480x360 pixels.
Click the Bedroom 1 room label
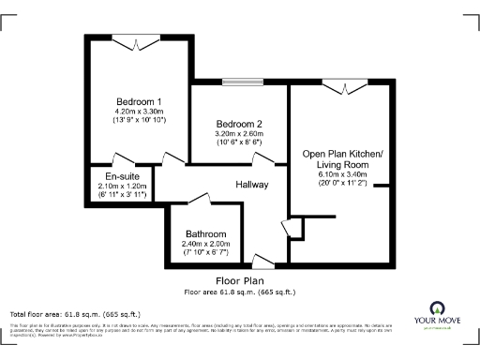point(139,101)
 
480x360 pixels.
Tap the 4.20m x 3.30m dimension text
point(139,112)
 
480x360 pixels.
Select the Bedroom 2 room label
point(238,125)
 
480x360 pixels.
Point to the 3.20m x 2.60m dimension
point(238,135)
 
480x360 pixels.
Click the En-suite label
point(123,176)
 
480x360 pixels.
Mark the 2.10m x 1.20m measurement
point(123,187)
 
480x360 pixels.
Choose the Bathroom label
point(205,234)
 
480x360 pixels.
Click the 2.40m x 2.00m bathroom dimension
point(205,245)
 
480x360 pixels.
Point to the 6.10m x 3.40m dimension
point(342,174)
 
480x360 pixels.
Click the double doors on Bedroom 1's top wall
point(138,38)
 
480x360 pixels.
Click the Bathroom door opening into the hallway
point(198,198)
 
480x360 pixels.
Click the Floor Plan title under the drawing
point(239,280)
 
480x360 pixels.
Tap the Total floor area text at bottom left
point(75,313)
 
